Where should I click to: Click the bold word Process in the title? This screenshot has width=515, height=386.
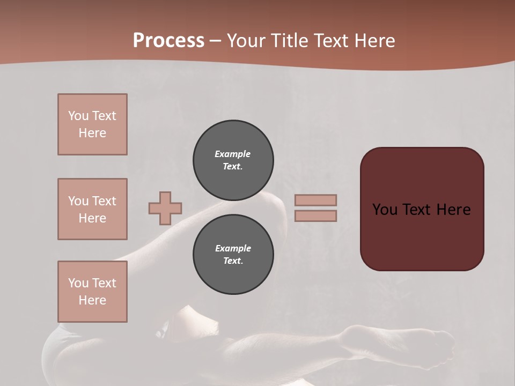(x=168, y=41)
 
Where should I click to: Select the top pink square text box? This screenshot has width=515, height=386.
(x=92, y=124)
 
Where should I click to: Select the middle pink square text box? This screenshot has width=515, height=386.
(x=92, y=209)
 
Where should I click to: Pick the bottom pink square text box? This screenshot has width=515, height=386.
(x=92, y=291)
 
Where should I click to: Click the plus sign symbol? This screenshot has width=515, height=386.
(x=165, y=208)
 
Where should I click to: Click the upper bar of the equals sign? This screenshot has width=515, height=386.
(x=316, y=201)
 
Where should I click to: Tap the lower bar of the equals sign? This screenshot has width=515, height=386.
(x=316, y=216)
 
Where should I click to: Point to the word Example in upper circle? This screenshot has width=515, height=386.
(x=233, y=154)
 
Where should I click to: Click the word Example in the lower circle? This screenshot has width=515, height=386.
(x=233, y=248)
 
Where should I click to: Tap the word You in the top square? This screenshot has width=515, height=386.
(x=78, y=116)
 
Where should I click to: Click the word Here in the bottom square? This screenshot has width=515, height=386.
(x=92, y=300)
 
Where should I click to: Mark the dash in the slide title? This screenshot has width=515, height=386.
(x=216, y=41)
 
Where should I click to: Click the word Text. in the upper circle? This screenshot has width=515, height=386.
(x=233, y=166)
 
